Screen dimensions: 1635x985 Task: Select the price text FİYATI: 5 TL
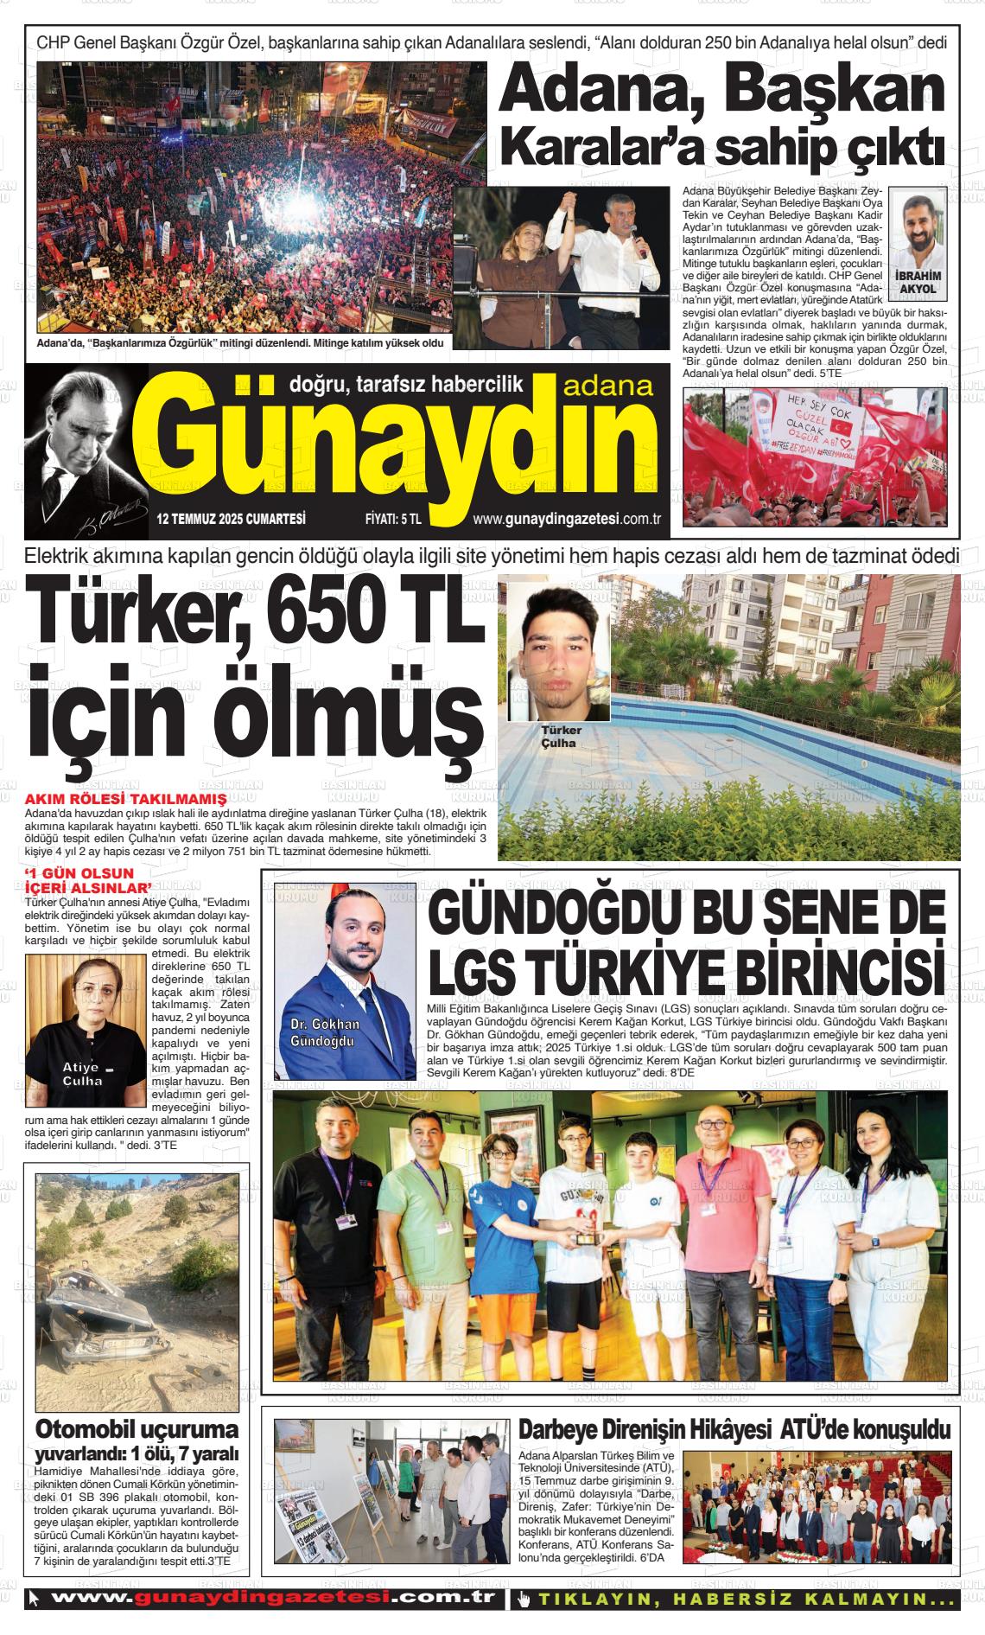[x=393, y=520]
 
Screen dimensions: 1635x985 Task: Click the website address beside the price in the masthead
[x=567, y=519]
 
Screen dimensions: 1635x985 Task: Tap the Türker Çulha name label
[x=561, y=736]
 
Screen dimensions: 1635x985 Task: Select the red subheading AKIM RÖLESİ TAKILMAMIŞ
[x=126, y=799]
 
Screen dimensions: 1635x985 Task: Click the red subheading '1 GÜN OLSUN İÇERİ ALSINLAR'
[x=87, y=879]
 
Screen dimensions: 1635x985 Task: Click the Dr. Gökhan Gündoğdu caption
[x=325, y=1031]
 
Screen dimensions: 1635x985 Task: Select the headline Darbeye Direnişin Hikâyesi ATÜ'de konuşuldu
[x=734, y=1429]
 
